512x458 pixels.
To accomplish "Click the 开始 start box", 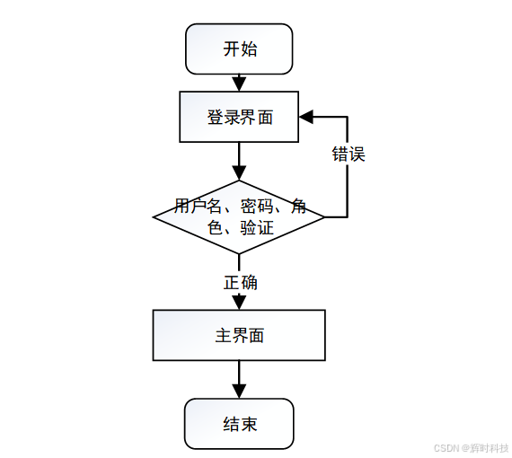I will [x=239, y=48].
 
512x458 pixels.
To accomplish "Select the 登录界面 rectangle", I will [x=239, y=117].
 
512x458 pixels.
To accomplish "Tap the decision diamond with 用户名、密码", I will [x=239, y=216].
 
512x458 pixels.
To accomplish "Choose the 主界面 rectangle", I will [x=239, y=335].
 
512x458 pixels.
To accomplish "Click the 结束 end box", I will [x=239, y=423].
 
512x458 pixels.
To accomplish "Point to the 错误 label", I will [x=349, y=154].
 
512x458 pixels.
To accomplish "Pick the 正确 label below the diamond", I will [x=241, y=282].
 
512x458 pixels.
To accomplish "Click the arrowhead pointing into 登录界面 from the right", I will [x=306, y=117].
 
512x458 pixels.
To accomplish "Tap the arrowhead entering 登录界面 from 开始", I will [x=239, y=85].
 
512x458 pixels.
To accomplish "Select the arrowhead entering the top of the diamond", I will [x=239, y=173].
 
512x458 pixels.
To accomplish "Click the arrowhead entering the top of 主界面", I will [x=239, y=303].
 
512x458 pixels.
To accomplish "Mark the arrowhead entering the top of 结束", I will [x=239, y=392].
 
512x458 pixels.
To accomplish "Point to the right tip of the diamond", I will [x=324, y=216].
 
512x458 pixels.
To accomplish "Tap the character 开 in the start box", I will [x=231, y=48].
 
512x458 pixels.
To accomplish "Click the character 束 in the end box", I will [x=249, y=424].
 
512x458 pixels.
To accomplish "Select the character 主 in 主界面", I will [x=223, y=335].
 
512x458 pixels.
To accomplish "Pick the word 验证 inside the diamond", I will [x=256, y=228].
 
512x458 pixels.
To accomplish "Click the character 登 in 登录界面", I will [x=215, y=117].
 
